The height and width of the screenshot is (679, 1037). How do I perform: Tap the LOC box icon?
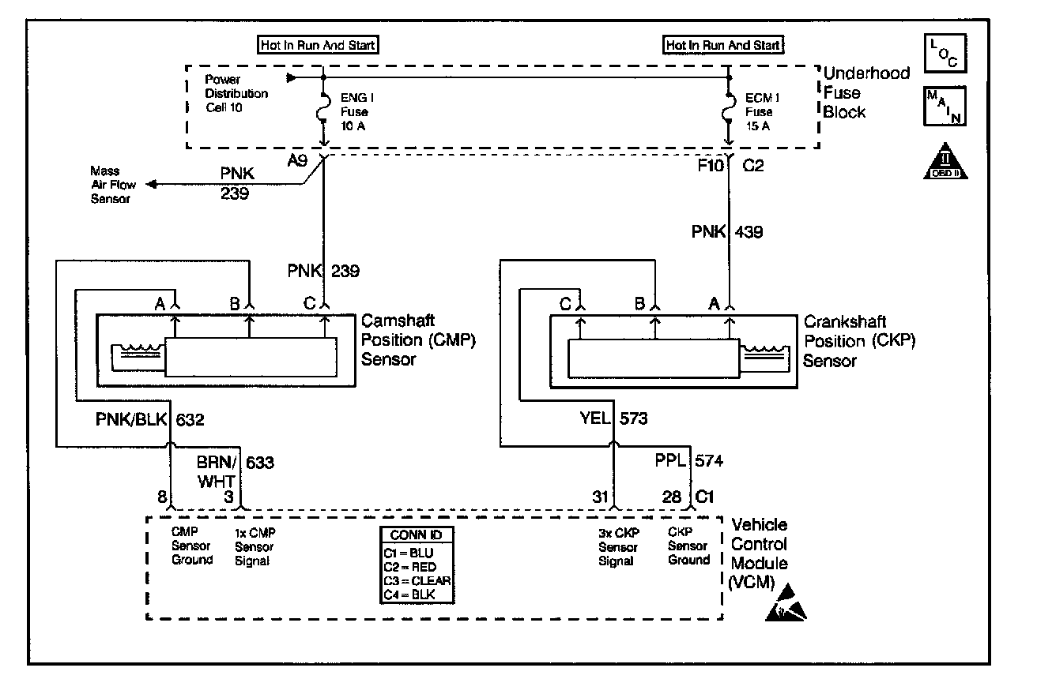point(945,53)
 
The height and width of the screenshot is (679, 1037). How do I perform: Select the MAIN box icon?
point(945,106)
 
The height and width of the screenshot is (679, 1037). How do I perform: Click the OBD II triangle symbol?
point(945,162)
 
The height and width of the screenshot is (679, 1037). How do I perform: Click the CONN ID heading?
point(416,535)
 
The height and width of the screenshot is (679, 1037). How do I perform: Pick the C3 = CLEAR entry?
point(417,580)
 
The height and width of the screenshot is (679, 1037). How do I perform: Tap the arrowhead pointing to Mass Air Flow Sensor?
point(152,185)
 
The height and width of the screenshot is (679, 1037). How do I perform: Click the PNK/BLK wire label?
point(131,419)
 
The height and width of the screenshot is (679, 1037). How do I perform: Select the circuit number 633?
point(260,462)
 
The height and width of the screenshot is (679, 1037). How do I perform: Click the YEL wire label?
point(595,418)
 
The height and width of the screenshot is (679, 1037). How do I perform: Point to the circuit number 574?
point(709,460)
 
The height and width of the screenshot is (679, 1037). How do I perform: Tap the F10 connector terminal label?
point(711,165)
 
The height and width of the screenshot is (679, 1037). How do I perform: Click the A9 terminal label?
point(297,160)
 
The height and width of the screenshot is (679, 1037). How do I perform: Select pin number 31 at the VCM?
point(600,497)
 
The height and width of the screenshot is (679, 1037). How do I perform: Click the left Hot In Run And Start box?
point(318,45)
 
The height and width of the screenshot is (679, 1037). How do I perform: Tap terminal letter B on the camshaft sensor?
point(236,303)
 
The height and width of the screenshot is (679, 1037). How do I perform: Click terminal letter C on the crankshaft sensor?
point(565,304)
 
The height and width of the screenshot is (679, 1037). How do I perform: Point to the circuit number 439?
point(749,231)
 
